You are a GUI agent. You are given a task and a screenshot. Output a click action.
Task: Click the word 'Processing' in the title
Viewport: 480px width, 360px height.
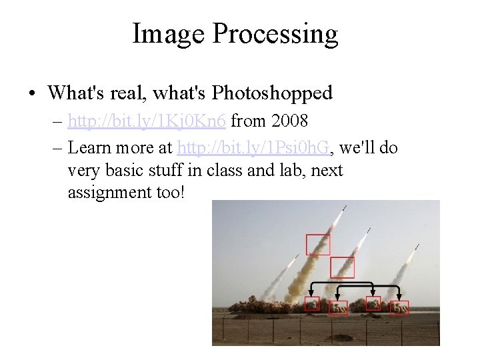click(275, 34)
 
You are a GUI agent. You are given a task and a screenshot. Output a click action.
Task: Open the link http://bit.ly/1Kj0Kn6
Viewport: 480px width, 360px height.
click(147, 121)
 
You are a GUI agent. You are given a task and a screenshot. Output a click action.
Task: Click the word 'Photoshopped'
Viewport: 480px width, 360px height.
click(272, 93)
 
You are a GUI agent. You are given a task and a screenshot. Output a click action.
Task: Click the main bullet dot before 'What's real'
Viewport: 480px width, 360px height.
click(33, 93)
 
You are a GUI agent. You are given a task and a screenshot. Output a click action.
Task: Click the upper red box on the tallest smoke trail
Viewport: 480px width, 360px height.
click(318, 245)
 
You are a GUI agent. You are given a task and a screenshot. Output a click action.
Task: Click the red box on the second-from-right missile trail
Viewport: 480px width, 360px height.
click(343, 267)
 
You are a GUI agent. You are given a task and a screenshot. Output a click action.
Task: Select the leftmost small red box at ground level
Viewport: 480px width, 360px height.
click(312, 305)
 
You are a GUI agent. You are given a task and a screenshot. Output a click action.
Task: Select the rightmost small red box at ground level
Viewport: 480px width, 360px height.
click(400, 307)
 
